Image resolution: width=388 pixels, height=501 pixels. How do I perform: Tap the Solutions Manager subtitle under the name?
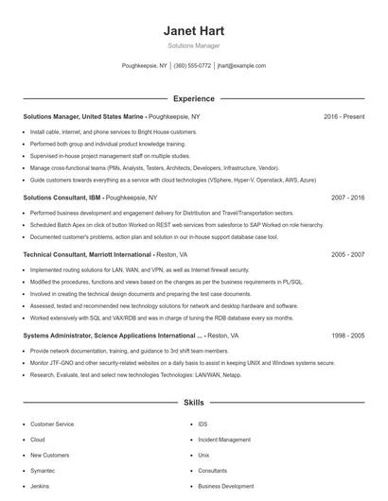tap(194, 44)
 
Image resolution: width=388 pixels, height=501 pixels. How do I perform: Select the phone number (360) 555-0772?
tap(192, 66)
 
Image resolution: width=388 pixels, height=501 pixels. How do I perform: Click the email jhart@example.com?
tap(241, 66)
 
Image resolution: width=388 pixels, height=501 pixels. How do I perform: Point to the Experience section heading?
tap(194, 98)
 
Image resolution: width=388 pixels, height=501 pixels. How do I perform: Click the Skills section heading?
tap(194, 403)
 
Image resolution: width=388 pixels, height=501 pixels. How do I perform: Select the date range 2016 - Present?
tap(344, 116)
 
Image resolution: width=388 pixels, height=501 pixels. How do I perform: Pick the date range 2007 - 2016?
tap(347, 199)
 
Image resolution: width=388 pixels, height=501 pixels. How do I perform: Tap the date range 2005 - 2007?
tap(347, 255)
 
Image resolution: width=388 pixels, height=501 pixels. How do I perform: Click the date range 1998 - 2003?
tap(347, 336)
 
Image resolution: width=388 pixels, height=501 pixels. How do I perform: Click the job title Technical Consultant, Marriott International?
tap(87, 255)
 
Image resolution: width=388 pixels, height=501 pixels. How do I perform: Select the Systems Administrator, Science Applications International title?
tap(113, 336)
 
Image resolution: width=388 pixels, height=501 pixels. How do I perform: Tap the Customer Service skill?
tap(52, 424)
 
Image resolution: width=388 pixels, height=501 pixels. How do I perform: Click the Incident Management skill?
tap(224, 440)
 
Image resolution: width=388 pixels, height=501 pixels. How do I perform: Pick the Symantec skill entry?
tap(44, 470)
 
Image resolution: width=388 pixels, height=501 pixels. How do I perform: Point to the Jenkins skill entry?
tap(41, 486)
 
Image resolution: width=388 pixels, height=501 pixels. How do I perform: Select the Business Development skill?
tap(226, 486)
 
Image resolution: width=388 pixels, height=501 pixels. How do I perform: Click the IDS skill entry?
tap(203, 424)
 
